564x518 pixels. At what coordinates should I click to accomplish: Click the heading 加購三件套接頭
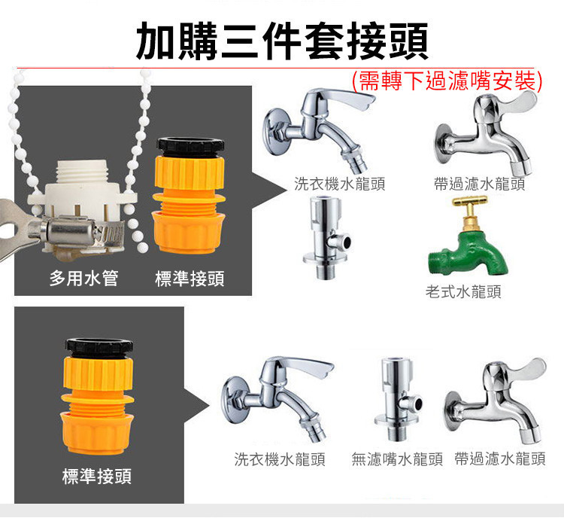point(282,41)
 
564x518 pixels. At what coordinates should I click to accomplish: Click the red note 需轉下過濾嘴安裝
point(447,81)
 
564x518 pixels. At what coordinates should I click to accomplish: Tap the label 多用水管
point(83,279)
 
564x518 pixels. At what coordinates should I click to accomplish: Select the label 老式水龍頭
point(463,292)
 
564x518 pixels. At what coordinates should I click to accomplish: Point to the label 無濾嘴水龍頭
point(397,459)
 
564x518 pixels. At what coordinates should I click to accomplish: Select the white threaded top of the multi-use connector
point(83,172)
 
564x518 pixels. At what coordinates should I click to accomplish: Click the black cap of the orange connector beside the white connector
point(191,146)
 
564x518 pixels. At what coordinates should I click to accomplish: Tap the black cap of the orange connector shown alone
point(99,347)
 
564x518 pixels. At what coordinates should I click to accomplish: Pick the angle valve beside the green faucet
point(326,237)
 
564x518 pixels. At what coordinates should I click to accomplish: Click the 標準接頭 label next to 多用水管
point(190,279)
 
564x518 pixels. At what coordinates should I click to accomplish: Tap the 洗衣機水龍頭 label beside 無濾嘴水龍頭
point(280,459)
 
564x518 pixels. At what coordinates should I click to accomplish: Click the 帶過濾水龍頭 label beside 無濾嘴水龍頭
point(500,459)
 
